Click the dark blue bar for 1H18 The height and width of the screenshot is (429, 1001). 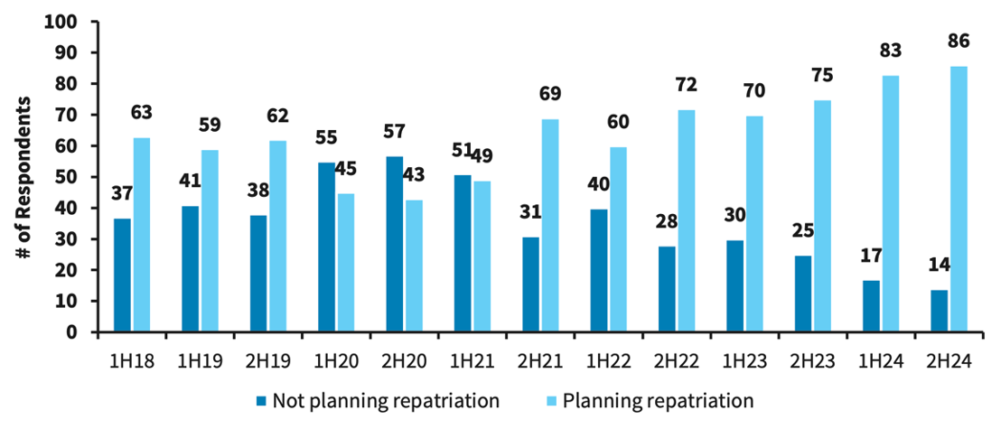(121, 275)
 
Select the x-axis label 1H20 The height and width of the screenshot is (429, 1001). (335, 361)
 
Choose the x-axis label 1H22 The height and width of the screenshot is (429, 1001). (608, 361)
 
